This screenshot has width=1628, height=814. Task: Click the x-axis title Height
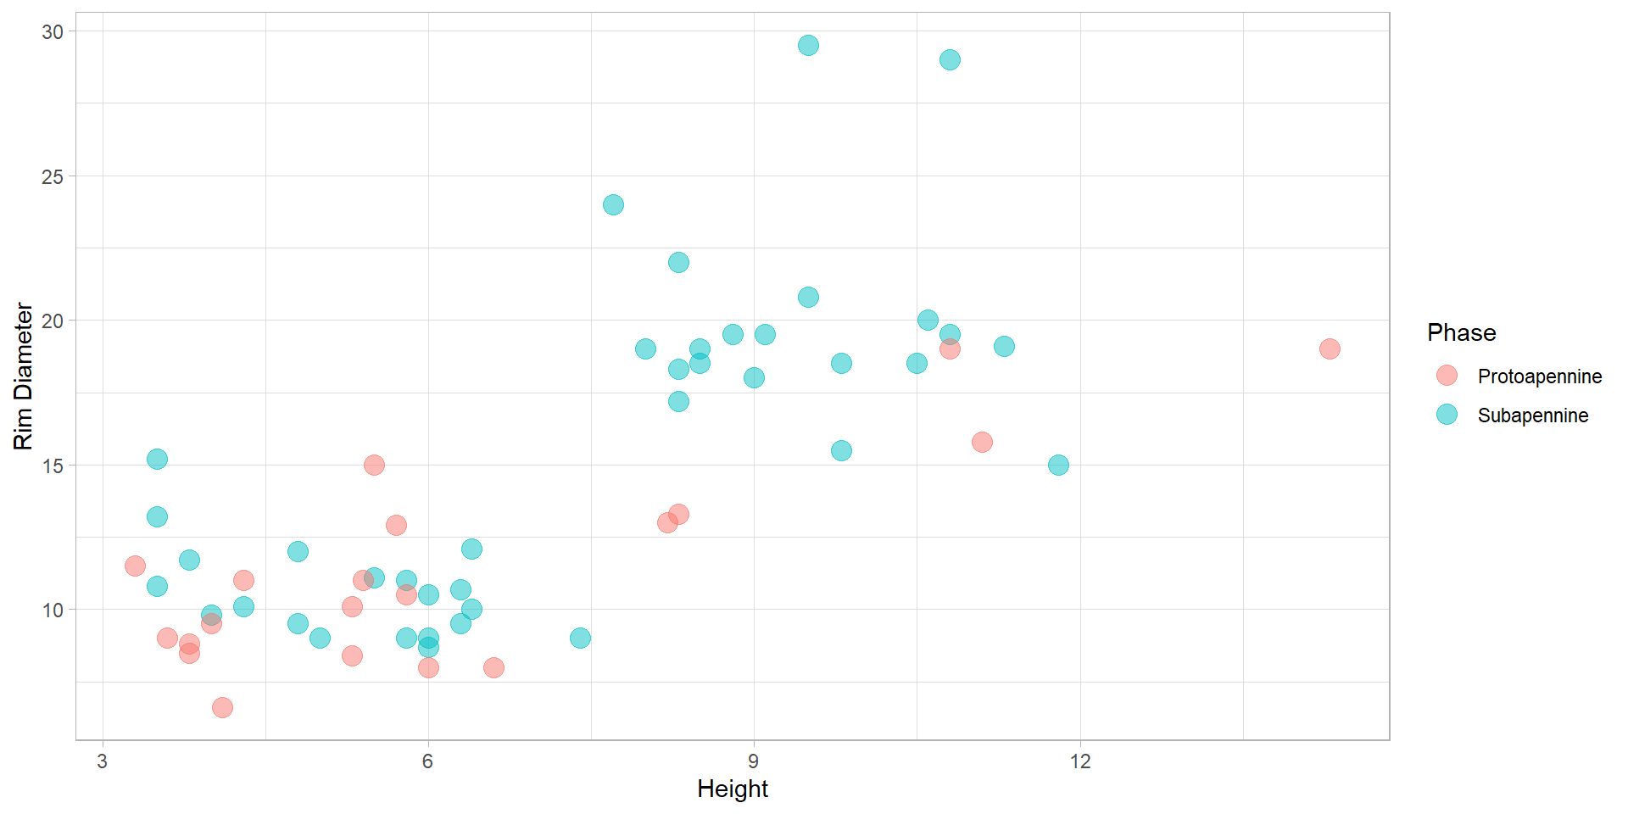732,789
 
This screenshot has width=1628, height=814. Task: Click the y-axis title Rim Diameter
24,376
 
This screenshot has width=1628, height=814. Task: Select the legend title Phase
1461,333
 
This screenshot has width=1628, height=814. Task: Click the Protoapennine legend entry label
1539,376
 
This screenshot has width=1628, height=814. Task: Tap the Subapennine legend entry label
1532,415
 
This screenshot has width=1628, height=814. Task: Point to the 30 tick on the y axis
53,32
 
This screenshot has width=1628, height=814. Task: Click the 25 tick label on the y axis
53,177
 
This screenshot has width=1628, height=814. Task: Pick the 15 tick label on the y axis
53,466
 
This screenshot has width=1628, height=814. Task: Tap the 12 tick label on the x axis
1079,761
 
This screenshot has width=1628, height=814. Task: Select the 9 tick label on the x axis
754,761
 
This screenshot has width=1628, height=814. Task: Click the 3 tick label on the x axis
103,761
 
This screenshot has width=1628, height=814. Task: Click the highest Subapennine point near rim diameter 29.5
808,46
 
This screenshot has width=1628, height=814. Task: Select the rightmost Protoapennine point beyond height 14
1329,349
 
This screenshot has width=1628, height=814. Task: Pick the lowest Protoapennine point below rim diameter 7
222,707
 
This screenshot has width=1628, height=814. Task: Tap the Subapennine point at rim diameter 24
613,205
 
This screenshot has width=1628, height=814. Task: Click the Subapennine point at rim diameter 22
678,263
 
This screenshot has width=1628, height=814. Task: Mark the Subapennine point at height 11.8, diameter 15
1058,466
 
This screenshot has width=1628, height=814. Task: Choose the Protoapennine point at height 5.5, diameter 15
374,466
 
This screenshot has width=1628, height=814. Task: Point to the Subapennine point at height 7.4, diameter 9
580,638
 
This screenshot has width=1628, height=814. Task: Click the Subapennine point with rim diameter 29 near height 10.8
950,60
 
